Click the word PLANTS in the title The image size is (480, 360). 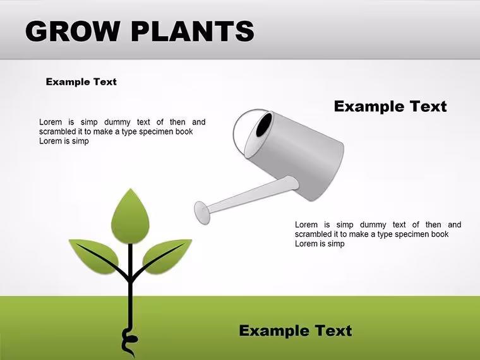[193, 31]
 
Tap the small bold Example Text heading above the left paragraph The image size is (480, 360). [81, 81]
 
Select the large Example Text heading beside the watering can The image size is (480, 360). [390, 106]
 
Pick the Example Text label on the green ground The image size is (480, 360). [296, 330]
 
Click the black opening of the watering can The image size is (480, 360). [264, 124]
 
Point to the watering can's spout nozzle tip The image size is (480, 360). [202, 212]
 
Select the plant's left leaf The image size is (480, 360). [95, 256]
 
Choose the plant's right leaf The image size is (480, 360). [167, 256]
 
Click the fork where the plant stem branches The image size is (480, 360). [130, 277]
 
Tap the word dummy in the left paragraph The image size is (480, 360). [117, 122]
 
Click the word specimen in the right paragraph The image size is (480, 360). [412, 234]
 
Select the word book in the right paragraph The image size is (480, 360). [440, 234]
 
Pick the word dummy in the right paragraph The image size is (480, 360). [373, 225]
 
